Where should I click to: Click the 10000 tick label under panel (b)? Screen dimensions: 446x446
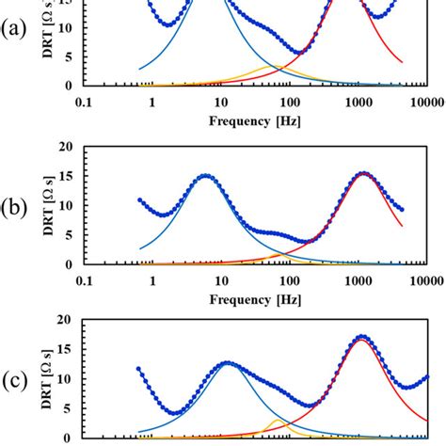422,279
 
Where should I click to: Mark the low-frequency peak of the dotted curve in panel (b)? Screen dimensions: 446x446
205,176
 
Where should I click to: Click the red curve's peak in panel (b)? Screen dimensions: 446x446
364,174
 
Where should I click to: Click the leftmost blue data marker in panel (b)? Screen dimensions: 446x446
140,199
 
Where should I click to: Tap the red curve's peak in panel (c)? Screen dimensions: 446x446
362,340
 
